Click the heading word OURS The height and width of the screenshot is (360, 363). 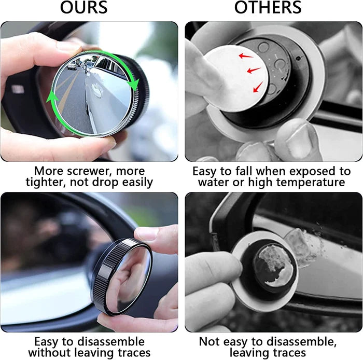pos(83,8)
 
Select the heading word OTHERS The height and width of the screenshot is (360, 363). pos(268,8)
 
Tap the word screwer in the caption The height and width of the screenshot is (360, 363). pos(96,171)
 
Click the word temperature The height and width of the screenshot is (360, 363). pos(313,182)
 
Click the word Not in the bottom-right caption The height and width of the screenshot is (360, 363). pos(210,342)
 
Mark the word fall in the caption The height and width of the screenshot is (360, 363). pos(240,171)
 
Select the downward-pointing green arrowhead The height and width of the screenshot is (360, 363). pos(134,82)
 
